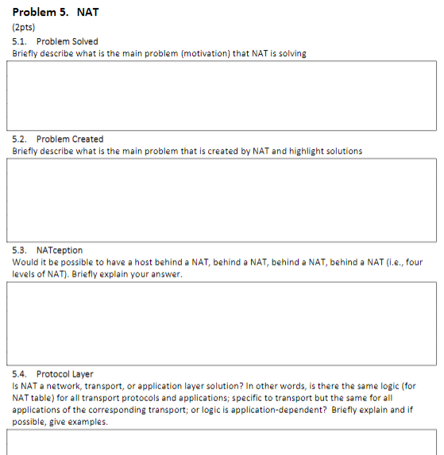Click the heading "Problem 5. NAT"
56,12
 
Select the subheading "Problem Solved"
68,40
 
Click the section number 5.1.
20,40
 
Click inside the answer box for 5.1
222,95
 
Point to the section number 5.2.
20,139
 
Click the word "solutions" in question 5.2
343,151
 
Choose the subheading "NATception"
60,250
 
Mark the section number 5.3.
20,250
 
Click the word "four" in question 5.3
415,262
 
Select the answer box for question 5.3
222,320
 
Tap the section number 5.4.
20,373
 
